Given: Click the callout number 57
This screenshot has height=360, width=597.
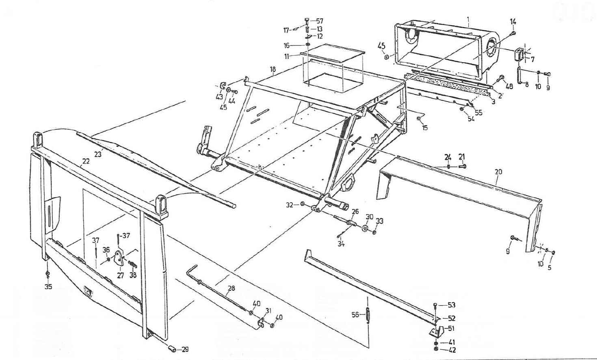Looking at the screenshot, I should pyautogui.click(x=320, y=21).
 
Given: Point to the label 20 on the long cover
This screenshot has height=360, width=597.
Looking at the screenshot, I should pyautogui.click(x=498, y=172).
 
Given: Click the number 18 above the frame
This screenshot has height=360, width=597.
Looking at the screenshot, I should pyautogui.click(x=273, y=69).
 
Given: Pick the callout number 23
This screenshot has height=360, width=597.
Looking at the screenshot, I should pyautogui.click(x=98, y=154).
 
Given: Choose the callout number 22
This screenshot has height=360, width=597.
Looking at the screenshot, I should pyautogui.click(x=86, y=161).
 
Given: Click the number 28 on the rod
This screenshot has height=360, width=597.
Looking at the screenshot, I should pyautogui.click(x=231, y=288).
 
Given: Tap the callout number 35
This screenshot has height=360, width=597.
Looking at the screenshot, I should pyautogui.click(x=48, y=287).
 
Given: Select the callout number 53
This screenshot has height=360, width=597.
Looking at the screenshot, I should pyautogui.click(x=452, y=305).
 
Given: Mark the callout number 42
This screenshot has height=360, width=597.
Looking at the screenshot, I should pyautogui.click(x=452, y=350).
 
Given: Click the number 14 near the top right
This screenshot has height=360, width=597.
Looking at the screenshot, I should pyautogui.click(x=513, y=21).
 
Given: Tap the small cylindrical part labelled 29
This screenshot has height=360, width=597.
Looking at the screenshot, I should pyautogui.click(x=171, y=348).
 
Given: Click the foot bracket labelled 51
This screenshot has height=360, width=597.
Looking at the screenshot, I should pyautogui.click(x=435, y=331).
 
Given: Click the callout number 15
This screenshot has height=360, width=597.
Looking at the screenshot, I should pyautogui.click(x=425, y=128).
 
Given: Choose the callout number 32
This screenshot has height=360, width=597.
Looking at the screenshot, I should pyautogui.click(x=289, y=205).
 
